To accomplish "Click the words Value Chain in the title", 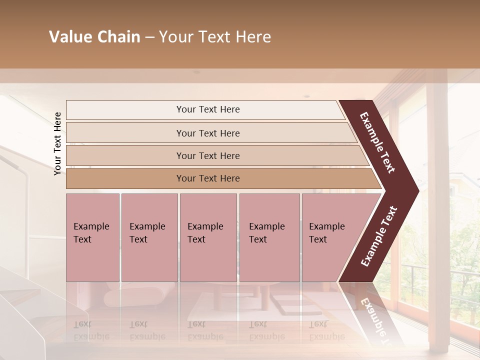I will [94, 37].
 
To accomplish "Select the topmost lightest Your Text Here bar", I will [208, 109].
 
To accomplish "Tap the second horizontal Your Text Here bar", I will [208, 133].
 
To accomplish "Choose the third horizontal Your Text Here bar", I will [208, 155].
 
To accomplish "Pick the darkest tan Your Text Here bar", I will [208, 178].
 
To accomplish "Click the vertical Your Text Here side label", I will [58, 143].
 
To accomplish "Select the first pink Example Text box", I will [92, 237].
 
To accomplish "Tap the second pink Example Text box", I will [149, 237].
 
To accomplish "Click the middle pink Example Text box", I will [208, 237].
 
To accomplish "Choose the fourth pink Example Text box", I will [269, 237].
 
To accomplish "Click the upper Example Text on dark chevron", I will [378, 142].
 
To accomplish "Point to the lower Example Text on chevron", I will [379, 236].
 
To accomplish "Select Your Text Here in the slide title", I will [215, 37].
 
